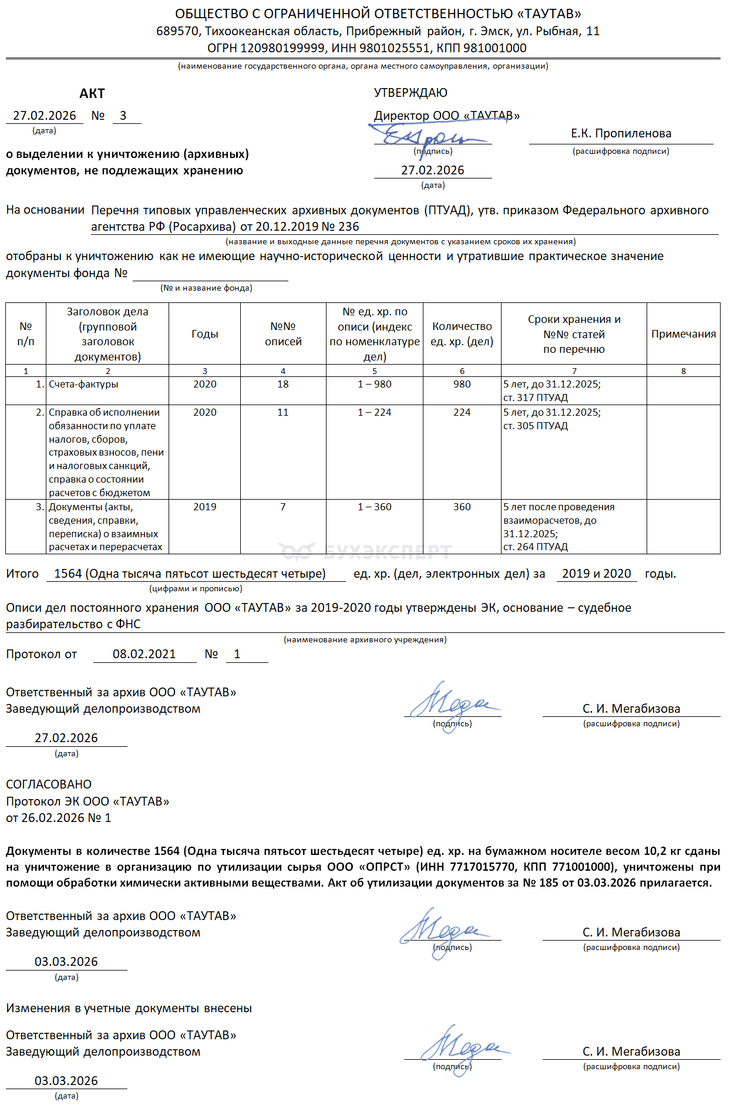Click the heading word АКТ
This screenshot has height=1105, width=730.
pyautogui.click(x=92, y=94)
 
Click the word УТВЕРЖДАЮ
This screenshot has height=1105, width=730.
pyautogui.click(x=411, y=93)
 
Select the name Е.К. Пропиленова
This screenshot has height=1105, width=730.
pyautogui.click(x=621, y=134)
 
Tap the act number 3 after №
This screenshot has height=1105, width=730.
pyautogui.click(x=123, y=116)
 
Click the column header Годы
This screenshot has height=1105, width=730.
pyautogui.click(x=204, y=334)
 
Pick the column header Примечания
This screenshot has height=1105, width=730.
pyautogui.click(x=683, y=334)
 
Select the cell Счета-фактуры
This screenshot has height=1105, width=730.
pyautogui.click(x=83, y=385)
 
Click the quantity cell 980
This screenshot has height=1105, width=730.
pyautogui.click(x=462, y=385)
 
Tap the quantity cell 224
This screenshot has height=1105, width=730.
pyautogui.click(x=462, y=413)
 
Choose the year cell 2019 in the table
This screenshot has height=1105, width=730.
pyautogui.click(x=204, y=507)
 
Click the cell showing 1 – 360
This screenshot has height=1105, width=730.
pyautogui.click(x=374, y=507)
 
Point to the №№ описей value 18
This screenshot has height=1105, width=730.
pyautogui.click(x=283, y=385)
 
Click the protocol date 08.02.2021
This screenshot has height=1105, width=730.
pyautogui.click(x=144, y=655)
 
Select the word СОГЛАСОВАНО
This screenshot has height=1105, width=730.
pyautogui.click(x=49, y=784)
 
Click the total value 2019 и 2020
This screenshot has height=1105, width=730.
pyautogui.click(x=596, y=574)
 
